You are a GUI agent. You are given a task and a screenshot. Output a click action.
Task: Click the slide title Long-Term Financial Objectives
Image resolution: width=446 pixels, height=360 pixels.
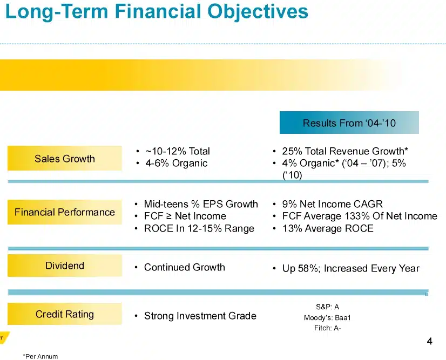coord(157,11)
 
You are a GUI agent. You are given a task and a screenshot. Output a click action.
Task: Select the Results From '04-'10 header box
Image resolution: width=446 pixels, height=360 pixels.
coord(349,123)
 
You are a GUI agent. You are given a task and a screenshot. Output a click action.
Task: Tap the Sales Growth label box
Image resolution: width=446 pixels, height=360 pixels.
coord(65,159)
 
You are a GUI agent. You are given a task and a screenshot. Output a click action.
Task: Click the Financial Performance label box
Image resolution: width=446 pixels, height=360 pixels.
coord(65,212)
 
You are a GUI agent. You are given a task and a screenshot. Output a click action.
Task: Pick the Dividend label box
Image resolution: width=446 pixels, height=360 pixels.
coord(65,266)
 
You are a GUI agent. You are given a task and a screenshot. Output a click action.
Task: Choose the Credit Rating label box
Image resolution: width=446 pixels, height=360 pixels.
coord(65,314)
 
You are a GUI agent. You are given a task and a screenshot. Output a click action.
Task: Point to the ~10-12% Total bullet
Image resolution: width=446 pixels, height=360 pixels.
coord(177,151)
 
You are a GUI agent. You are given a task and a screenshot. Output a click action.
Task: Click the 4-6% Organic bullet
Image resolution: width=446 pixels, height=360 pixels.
coord(175,163)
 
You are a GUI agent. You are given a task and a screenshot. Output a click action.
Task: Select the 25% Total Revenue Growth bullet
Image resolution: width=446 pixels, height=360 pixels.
coord(344,151)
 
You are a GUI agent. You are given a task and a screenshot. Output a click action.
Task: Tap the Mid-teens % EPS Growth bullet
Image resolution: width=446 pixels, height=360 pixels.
coord(201,204)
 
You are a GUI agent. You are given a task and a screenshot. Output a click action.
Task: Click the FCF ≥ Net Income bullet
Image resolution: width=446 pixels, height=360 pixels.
coord(185,216)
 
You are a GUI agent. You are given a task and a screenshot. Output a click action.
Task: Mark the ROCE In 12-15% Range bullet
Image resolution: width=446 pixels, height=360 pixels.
coord(199,228)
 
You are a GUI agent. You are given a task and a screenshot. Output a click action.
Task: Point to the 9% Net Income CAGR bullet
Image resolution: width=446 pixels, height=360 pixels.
coord(332,204)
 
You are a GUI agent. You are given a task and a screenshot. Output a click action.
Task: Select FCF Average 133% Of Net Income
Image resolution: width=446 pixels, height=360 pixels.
coord(359,216)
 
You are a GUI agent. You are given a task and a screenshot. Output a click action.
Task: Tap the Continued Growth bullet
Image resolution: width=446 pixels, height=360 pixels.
coord(184,267)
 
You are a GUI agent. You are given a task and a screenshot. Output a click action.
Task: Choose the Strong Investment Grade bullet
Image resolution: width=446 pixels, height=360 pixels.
coord(200,316)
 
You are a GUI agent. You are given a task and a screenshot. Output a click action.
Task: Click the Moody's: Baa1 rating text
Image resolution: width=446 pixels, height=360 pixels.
coord(327,317)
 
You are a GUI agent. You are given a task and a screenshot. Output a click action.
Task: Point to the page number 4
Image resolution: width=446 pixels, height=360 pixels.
coord(429,341)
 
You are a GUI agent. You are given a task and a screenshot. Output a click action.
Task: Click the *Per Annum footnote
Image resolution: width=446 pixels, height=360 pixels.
coord(40,356)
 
